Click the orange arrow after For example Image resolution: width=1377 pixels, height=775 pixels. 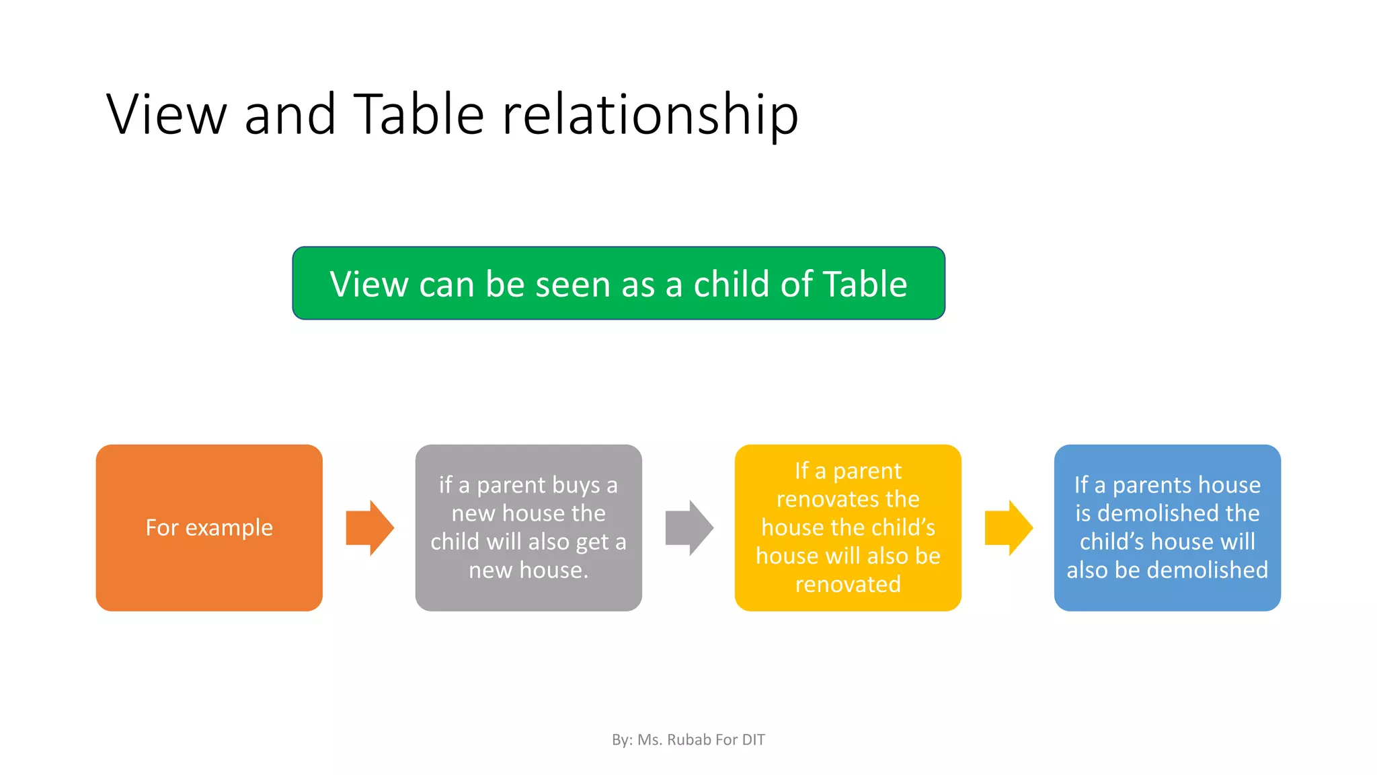click(x=369, y=527)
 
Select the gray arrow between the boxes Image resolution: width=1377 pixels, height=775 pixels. click(x=688, y=527)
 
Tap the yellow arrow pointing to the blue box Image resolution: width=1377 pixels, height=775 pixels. click(x=1008, y=527)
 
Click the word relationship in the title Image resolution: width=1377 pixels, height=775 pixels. click(x=650, y=115)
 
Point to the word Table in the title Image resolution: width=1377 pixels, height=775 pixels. click(x=418, y=114)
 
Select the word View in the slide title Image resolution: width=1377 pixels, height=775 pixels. click(x=167, y=115)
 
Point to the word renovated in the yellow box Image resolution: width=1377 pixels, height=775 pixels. click(x=848, y=584)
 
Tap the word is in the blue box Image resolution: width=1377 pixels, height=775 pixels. click(x=1083, y=513)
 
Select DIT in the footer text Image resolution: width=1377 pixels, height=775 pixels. click(x=753, y=740)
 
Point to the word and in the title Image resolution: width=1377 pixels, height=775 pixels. click(x=290, y=115)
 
